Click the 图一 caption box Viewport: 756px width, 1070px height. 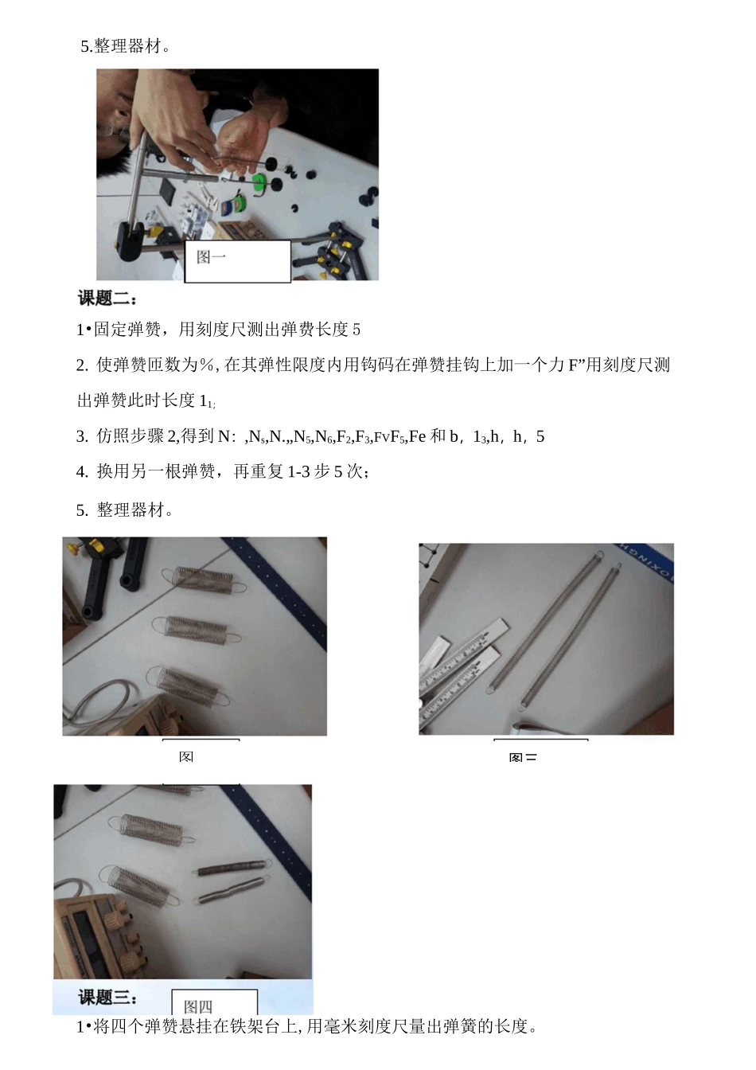[x=237, y=260]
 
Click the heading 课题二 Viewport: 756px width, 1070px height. [x=107, y=299]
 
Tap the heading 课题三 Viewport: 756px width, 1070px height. [x=107, y=998]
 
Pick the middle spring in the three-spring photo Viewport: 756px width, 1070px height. [x=195, y=627]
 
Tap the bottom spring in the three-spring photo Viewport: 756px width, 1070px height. [x=189, y=685]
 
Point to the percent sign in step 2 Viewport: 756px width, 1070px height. [x=208, y=365]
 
